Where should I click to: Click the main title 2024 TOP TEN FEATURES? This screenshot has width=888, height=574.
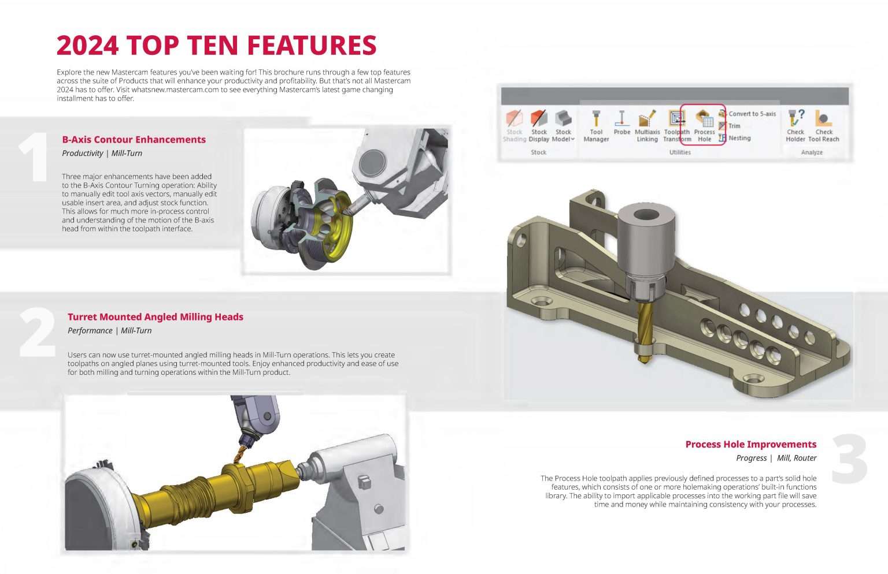[x=216, y=46]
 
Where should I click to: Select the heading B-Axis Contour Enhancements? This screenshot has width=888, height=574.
[x=134, y=139]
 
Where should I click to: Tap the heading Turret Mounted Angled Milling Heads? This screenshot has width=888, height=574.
[x=155, y=316]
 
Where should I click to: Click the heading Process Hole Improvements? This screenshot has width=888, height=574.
[x=750, y=444]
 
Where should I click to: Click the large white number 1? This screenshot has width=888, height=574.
[x=34, y=157]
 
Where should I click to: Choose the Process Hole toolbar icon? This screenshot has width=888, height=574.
[x=704, y=125]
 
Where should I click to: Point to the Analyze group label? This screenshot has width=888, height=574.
[x=812, y=152]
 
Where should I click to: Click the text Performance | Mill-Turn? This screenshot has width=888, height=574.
[x=109, y=330]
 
